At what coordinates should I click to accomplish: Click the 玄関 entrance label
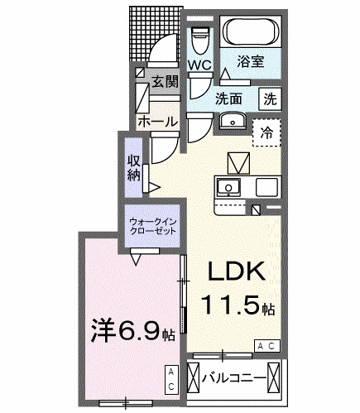pos(164,81)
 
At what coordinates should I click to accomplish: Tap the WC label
pos(199,65)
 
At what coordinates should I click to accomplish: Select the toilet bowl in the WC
pos(199,40)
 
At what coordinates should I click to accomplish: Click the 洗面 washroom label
pos(229,98)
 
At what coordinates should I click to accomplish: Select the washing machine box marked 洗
pos(270,97)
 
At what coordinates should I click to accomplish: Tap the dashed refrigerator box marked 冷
pos(266,132)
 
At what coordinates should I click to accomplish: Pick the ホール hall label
pos(158,121)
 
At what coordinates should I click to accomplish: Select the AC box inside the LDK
pos(267,344)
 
